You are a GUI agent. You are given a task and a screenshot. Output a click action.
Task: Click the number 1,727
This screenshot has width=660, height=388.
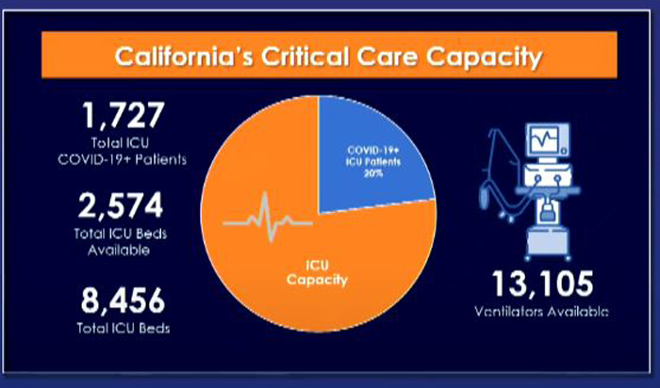click(123, 115)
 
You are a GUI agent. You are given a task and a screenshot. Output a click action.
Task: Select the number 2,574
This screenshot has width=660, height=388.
click(121, 205)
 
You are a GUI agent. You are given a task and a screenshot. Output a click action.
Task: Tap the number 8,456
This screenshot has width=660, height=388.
click(123, 300)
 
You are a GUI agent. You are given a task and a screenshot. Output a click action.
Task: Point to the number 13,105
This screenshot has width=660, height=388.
click(543, 283)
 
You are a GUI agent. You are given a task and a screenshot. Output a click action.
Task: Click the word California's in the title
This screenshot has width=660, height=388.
click(184, 57)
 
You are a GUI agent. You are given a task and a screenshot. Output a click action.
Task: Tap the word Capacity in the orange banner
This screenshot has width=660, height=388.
click(485, 57)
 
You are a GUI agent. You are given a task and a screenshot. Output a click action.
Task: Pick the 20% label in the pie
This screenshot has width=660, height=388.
click(373, 172)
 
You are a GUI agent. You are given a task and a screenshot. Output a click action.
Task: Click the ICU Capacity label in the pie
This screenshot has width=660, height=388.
click(318, 272)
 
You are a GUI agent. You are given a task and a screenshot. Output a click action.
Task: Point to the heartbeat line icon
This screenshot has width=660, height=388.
click(268, 218)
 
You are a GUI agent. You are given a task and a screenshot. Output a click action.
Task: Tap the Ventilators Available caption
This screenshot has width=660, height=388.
click(541, 312)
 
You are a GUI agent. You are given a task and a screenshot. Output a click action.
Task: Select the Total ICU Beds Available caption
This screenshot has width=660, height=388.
click(121, 242)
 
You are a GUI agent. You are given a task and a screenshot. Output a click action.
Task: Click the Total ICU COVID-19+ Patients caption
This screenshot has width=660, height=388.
click(122, 152)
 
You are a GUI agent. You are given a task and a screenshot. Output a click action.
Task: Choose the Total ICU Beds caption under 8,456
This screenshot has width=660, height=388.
click(124, 328)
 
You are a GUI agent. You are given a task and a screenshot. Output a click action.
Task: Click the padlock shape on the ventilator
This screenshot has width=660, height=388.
click(547, 212)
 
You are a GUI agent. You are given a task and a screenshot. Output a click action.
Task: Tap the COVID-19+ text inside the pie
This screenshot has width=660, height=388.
click(373, 151)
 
